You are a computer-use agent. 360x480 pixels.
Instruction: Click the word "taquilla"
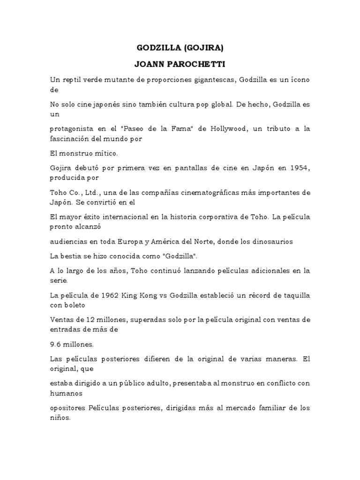point(294,295)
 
